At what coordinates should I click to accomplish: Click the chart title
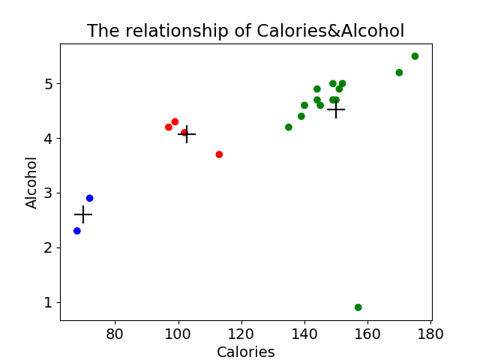245,31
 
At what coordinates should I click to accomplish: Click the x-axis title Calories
245,352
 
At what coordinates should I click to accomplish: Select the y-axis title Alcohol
31,182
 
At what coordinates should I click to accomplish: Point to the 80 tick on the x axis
115,333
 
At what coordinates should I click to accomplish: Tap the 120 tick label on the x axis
241,333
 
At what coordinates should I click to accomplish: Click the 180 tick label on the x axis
430,333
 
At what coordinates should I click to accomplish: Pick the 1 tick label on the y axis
49,302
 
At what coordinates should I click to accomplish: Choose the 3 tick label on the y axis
49,193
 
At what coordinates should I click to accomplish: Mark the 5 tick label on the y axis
49,83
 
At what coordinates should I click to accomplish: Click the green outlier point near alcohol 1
358,307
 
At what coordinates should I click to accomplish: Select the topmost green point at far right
415,56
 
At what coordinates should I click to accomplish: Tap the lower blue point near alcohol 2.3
77,231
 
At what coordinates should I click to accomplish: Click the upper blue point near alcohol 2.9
89,198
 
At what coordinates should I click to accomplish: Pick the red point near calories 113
219,154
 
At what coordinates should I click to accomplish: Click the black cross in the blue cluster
83,214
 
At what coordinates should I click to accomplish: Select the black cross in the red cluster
187,134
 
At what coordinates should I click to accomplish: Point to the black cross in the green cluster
336,109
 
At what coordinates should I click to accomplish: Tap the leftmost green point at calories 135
289,127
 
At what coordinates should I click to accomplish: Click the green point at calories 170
399,73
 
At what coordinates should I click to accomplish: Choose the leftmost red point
169,127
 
